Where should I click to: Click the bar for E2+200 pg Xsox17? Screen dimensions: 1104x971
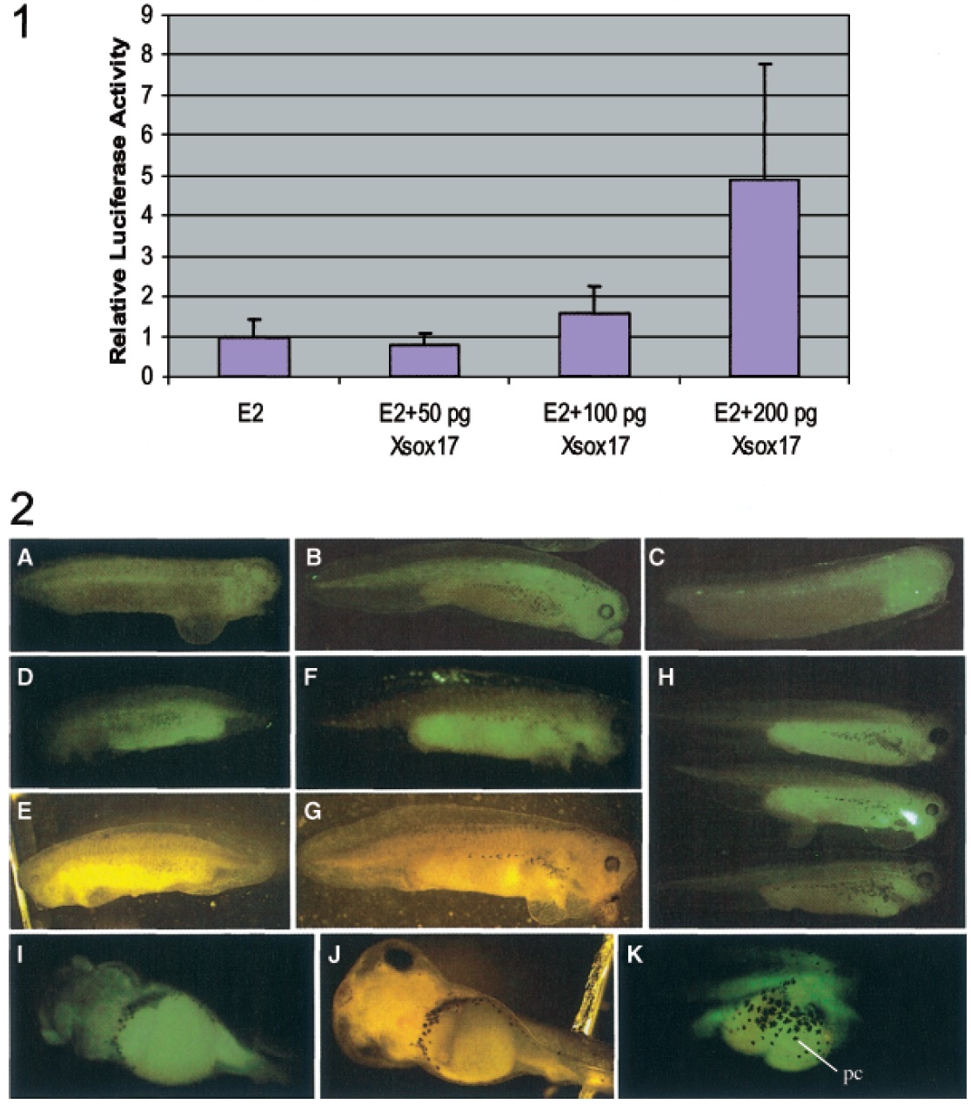tap(764, 278)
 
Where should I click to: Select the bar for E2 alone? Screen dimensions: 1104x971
tap(254, 357)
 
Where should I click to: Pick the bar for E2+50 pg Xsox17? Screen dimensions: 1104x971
tap(424, 360)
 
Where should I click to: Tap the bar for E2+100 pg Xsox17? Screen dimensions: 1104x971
tap(594, 345)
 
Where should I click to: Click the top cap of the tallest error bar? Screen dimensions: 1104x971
tap(764, 64)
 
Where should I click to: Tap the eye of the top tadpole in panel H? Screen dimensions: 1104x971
tap(940, 738)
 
